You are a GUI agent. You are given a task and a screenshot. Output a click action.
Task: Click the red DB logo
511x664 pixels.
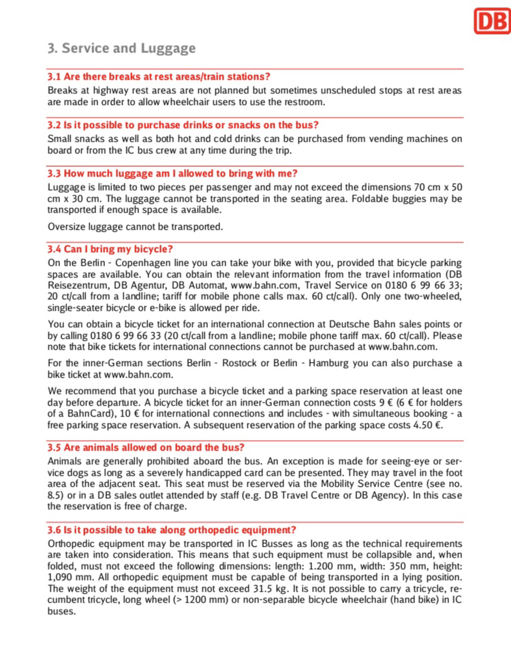click(x=491, y=20)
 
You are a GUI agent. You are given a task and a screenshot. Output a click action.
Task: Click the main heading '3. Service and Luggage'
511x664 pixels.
click(x=121, y=48)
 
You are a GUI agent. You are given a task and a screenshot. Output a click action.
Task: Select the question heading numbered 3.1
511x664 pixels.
click(x=159, y=76)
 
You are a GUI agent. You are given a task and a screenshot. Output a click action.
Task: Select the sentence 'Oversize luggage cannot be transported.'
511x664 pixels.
click(x=135, y=226)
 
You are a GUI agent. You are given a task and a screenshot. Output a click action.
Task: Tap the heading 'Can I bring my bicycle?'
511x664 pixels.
click(x=110, y=249)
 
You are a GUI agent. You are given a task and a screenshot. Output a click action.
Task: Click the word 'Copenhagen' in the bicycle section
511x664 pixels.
click(x=144, y=262)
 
